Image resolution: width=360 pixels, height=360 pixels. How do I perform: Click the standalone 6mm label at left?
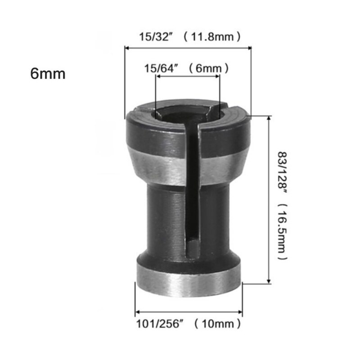48,73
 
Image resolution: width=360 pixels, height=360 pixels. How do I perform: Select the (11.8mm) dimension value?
212,36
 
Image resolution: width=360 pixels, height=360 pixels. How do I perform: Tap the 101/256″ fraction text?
157,323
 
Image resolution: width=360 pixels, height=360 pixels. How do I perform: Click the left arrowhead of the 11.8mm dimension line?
127,47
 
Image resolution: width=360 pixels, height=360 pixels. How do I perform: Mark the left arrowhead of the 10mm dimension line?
137,311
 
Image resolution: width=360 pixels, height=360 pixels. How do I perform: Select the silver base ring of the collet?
189,281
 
